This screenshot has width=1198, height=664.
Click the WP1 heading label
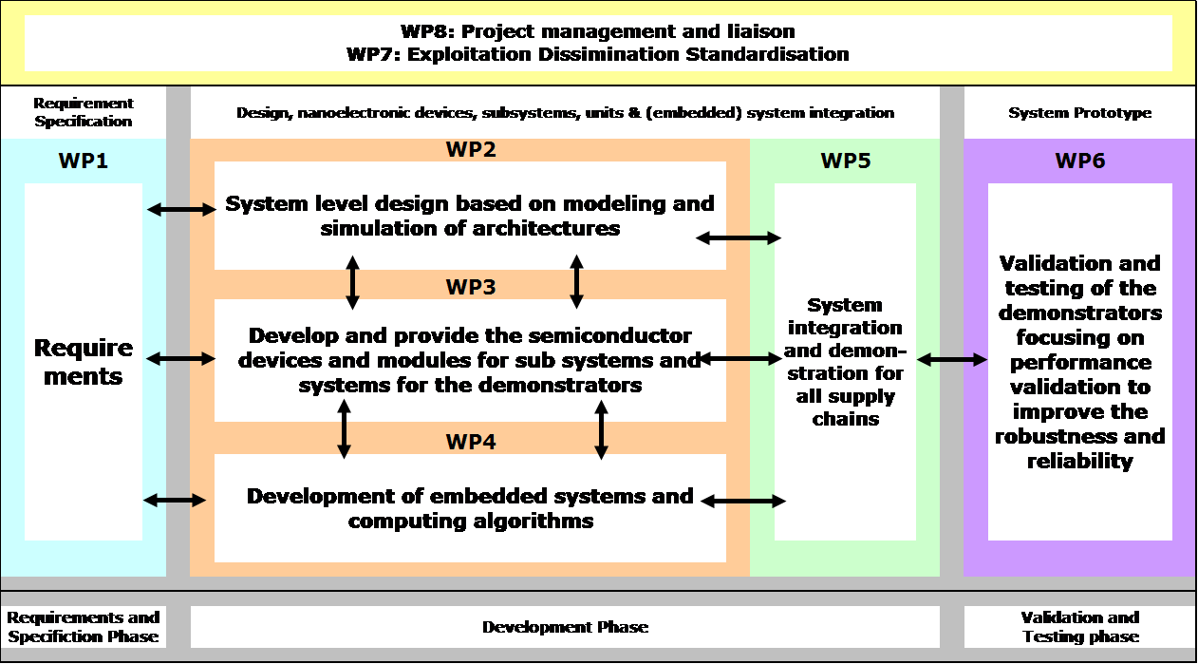84,161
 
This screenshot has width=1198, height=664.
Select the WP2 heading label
471,149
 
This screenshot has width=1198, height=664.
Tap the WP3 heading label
471,287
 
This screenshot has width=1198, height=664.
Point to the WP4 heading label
471,442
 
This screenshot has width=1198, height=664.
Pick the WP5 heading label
845,161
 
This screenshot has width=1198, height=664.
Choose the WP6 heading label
1080,161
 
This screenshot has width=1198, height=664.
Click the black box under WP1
84,361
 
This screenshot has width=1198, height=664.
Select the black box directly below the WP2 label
470,216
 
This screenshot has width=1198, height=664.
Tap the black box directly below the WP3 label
470,360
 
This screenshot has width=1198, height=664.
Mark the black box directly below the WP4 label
470,508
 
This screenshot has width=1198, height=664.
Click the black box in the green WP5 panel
845,361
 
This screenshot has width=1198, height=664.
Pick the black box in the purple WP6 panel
1080,361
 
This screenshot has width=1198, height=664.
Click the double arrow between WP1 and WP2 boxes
181,210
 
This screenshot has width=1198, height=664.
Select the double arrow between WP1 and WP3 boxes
180,359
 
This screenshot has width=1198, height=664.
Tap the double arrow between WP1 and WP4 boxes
175,501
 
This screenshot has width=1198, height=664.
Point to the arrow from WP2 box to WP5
752,238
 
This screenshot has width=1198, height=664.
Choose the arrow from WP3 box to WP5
752,359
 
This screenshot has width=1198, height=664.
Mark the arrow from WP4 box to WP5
752,501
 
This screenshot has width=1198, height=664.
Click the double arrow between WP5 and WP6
952,360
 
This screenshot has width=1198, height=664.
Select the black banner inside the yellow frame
598,43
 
